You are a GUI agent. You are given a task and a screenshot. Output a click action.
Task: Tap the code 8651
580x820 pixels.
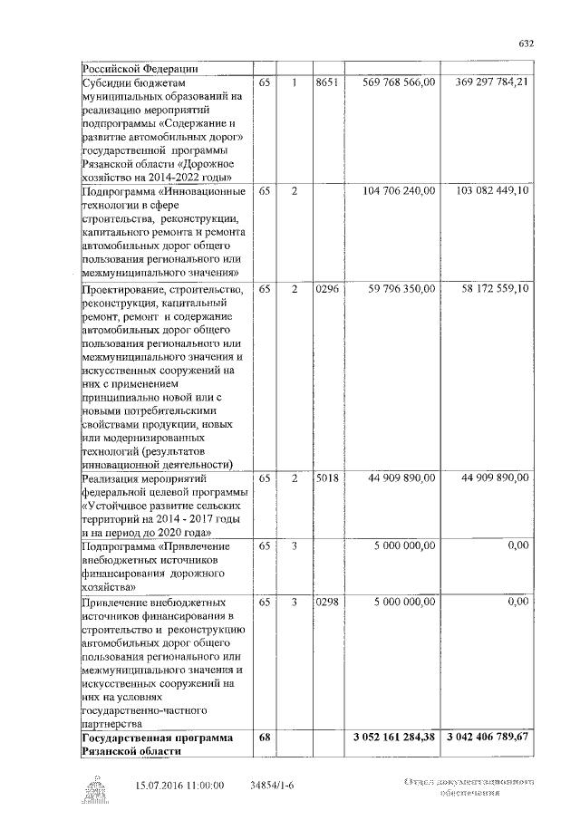(x=326, y=82)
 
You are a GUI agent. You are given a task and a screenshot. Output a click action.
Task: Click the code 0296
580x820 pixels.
(x=326, y=288)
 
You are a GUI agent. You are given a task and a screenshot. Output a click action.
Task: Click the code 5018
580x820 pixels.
(x=326, y=478)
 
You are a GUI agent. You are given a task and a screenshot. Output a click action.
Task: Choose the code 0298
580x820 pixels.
(x=326, y=601)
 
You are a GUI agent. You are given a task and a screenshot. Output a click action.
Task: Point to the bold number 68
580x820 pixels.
(x=265, y=738)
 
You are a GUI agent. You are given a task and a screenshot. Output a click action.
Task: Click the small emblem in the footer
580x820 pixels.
(x=96, y=791)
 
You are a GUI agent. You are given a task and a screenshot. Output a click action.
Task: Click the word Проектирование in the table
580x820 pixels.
(x=123, y=289)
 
